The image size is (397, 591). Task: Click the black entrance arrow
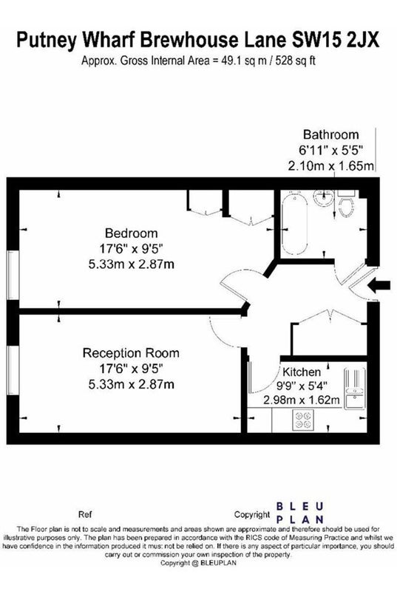[x=379, y=286]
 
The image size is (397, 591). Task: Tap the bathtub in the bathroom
[x=294, y=224]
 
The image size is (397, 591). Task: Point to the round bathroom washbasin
[x=323, y=197]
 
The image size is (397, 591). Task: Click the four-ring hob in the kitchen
[x=304, y=420]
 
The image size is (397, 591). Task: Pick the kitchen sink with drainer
[x=354, y=389]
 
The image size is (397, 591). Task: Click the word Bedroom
[x=131, y=233]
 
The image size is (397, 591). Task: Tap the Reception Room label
[x=131, y=353]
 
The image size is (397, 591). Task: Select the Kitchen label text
[x=302, y=372]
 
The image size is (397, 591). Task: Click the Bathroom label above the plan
[x=331, y=134]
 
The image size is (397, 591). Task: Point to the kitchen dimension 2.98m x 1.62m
[x=301, y=400]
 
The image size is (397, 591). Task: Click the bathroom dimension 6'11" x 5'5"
[x=330, y=150]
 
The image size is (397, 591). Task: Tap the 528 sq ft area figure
[x=295, y=61]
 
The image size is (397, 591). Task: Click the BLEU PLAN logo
[x=299, y=513]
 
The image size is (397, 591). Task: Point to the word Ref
[x=85, y=514]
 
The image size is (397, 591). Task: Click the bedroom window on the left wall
[x=13, y=275]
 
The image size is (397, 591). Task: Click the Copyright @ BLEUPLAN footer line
[x=198, y=563]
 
